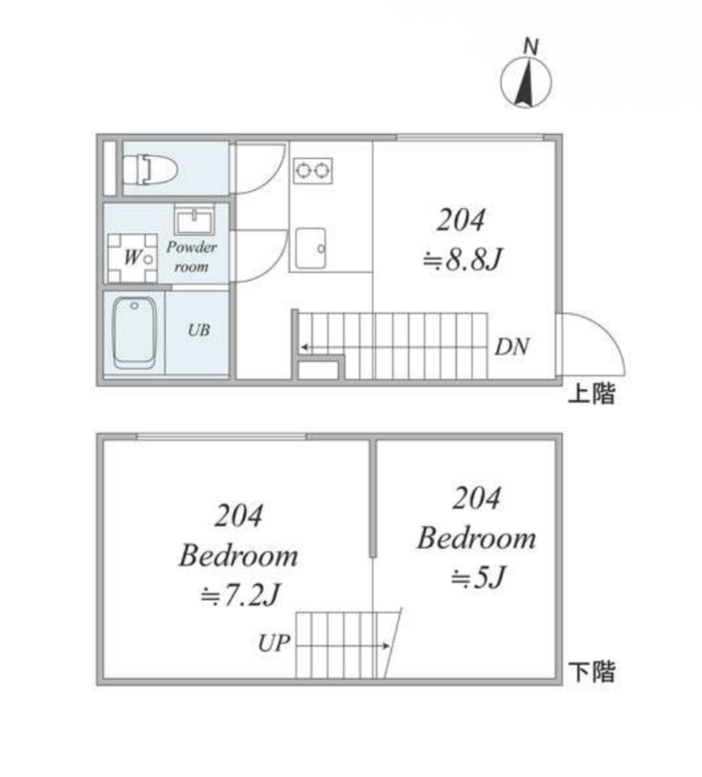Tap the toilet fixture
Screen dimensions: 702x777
(150, 169)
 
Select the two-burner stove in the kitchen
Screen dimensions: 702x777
(313, 170)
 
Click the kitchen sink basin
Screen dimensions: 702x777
(311, 248)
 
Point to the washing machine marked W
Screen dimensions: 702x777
(132, 257)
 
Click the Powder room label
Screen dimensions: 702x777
(192, 257)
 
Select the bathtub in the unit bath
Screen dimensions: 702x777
(134, 332)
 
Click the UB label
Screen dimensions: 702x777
(199, 330)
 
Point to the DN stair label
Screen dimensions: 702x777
(512, 347)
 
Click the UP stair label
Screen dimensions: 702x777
(274, 643)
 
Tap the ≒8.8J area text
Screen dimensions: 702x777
(462, 258)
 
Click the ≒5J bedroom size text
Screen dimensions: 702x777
(478, 577)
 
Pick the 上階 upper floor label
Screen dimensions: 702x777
(591, 393)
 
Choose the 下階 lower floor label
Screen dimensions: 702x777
(591, 672)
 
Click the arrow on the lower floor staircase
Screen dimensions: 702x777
(342, 646)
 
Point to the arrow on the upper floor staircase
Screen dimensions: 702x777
(395, 348)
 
